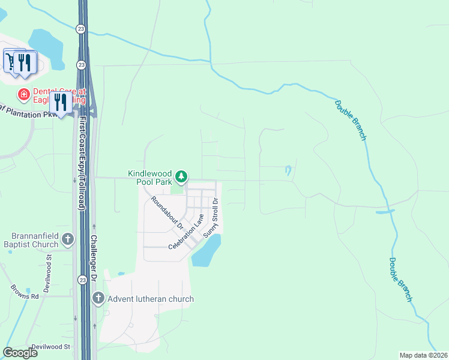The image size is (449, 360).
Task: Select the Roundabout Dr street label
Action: coord(167,214)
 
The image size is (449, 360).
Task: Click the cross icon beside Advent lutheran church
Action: coord(98,298)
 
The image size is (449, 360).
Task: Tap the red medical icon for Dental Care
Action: coord(23,94)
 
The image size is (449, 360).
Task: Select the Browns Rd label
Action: coord(24,292)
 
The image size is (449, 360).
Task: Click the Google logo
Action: coord(20,353)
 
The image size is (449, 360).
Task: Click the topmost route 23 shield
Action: coord(81,28)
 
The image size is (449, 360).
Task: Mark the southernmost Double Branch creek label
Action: coord(400,279)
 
